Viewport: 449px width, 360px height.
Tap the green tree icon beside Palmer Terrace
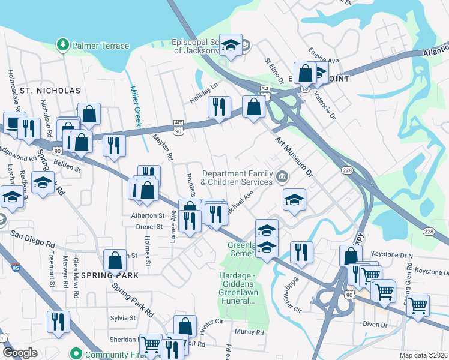click(x=62, y=45)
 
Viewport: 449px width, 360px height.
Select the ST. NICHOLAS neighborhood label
click(x=50, y=91)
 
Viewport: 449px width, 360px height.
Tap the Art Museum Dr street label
click(x=294, y=157)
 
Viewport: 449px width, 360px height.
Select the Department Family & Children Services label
click(x=237, y=177)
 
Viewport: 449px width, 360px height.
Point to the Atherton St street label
click(x=143, y=215)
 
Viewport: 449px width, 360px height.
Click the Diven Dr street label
click(x=375, y=325)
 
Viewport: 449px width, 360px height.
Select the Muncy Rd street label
click(x=250, y=331)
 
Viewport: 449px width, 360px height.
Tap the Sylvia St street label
click(x=123, y=318)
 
